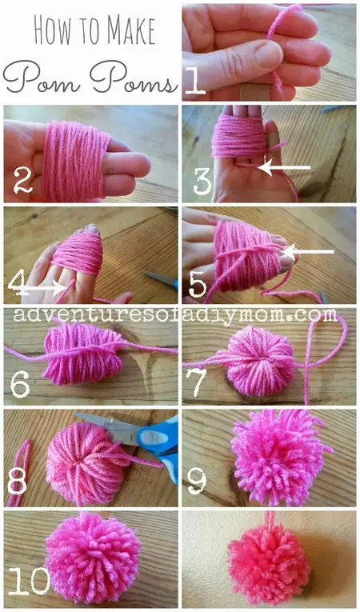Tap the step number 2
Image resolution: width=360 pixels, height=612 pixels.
point(22,182)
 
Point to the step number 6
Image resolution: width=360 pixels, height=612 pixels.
point(21,385)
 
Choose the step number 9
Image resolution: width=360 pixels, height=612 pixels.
point(197,482)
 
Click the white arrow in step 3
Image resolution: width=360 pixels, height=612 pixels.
point(285,168)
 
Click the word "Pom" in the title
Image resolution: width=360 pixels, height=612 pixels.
point(39,81)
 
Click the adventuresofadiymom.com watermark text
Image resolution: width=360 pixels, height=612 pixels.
point(180,315)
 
